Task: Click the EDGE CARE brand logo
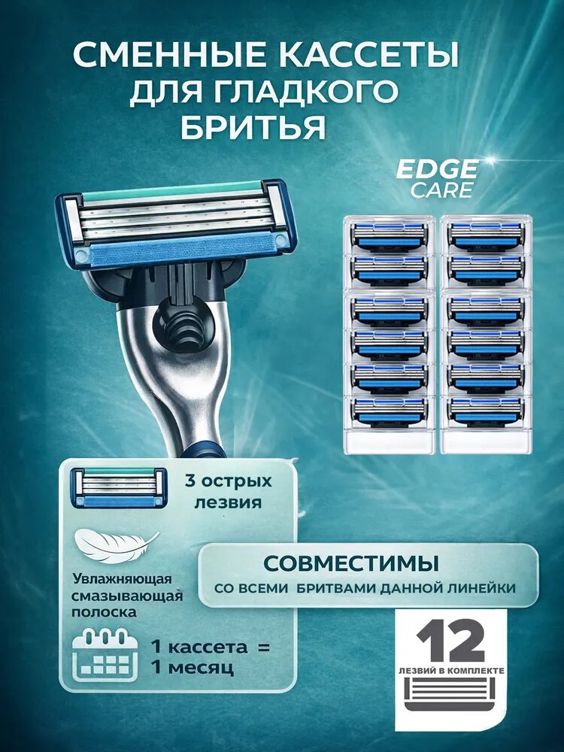438,178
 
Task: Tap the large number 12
451,640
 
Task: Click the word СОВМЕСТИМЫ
351,564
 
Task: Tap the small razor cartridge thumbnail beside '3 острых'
118,488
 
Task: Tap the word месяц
201,668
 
